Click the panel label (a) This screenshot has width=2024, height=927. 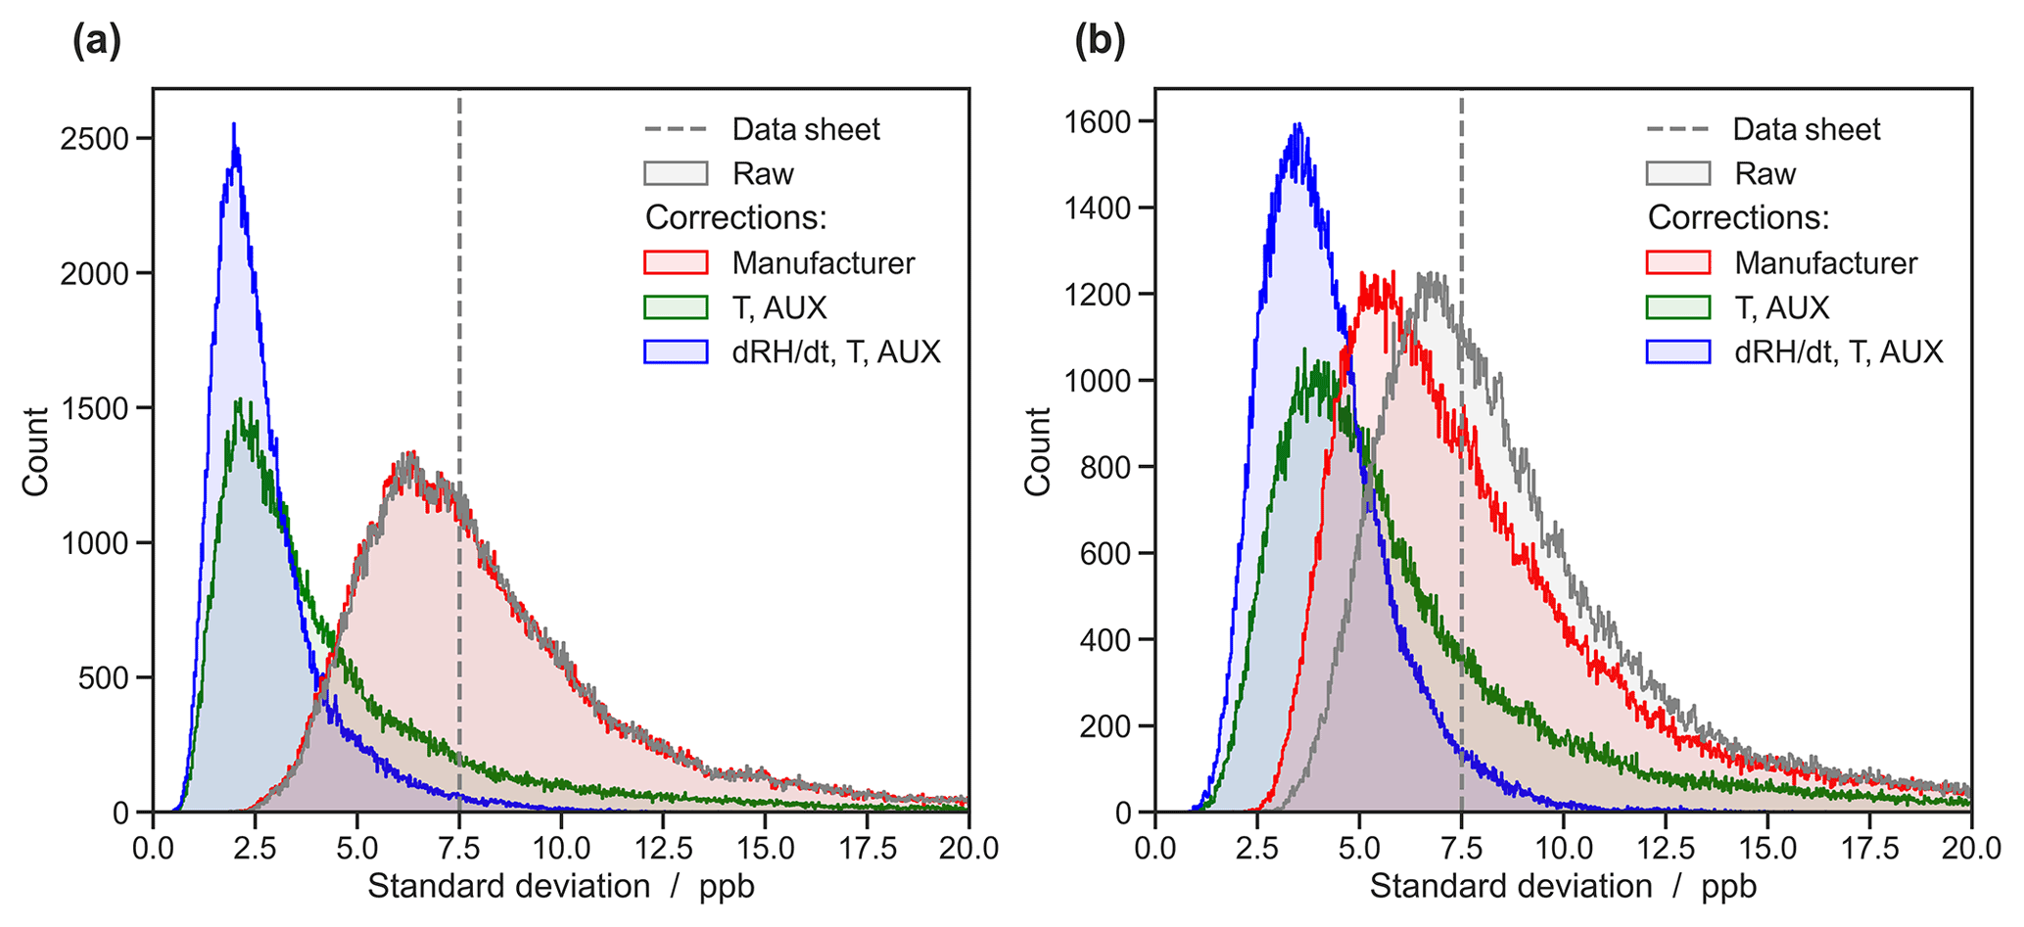pyautogui.click(x=97, y=42)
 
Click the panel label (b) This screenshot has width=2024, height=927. pyautogui.click(x=1100, y=42)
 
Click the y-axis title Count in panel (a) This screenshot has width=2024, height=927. pyautogui.click(x=35, y=451)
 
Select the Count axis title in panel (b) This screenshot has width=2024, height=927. pyautogui.click(x=1037, y=451)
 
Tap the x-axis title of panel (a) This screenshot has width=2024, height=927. pyautogui.click(x=561, y=887)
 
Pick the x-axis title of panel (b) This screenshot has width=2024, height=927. pyautogui.click(x=1563, y=887)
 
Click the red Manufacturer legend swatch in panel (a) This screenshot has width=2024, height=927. pyautogui.click(x=676, y=263)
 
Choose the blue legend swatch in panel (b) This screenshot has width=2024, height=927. pyautogui.click(x=1677, y=352)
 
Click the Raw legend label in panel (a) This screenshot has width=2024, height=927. pyautogui.click(x=763, y=174)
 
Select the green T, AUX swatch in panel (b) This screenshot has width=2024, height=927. pyautogui.click(x=1677, y=308)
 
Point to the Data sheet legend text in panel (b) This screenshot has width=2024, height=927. pyautogui.click(x=1807, y=129)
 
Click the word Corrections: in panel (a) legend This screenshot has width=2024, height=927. pyautogui.click(x=736, y=217)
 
